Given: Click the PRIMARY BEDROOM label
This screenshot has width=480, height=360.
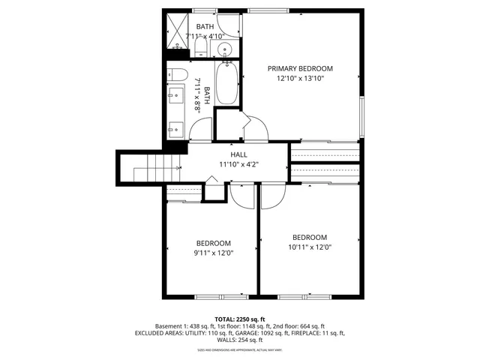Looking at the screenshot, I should pyautogui.click(x=300, y=68).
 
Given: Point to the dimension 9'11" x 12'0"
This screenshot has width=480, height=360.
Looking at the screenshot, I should pyautogui.click(x=214, y=253).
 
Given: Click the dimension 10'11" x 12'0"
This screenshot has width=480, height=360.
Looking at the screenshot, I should pyautogui.click(x=310, y=247).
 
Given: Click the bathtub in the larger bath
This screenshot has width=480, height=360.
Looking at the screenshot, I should pyautogui.click(x=227, y=88).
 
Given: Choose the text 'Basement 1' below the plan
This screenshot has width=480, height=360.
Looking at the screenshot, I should pyautogui.click(x=171, y=325).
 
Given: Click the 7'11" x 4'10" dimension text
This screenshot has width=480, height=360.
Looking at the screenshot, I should pyautogui.click(x=205, y=36).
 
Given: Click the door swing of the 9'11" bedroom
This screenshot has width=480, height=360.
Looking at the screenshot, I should pyautogui.click(x=241, y=196).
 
